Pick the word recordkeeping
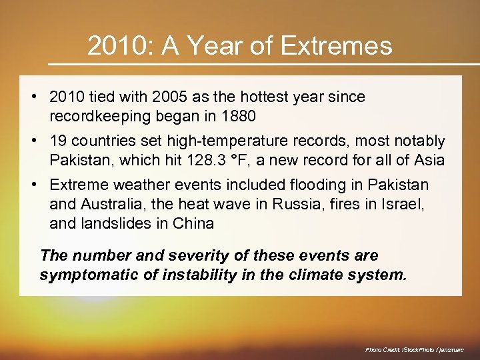pyautogui.click(x=95, y=116)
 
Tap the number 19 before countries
pyautogui.click(x=59, y=141)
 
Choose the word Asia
pyautogui.click(x=428, y=160)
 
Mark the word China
pyautogui.click(x=194, y=223)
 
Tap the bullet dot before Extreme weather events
pyautogui.click(x=33, y=185)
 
